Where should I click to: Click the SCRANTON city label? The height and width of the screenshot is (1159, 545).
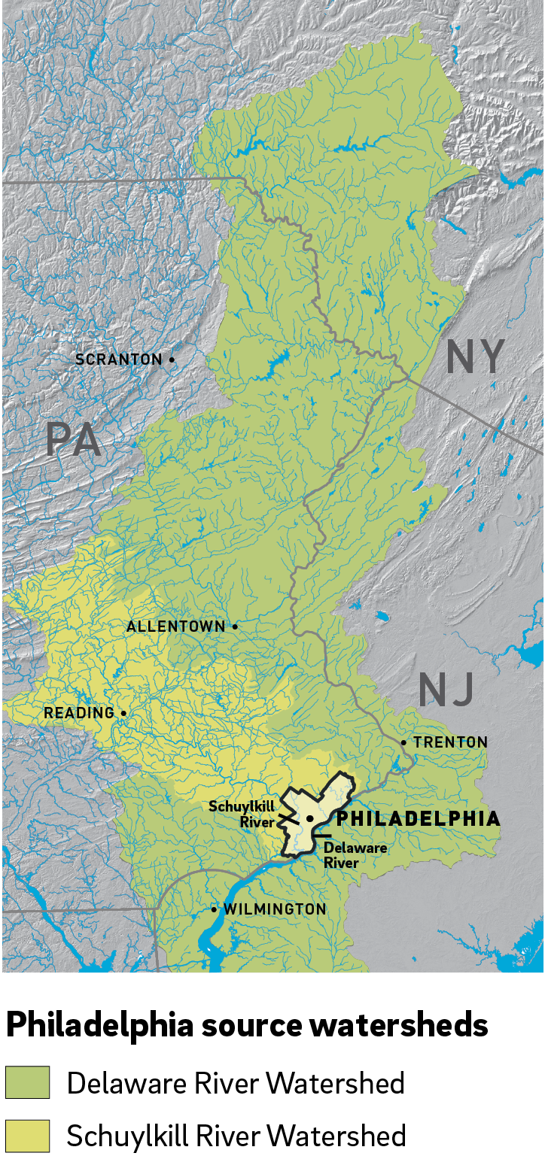119,360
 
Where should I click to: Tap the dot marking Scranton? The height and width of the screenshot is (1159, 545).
172,360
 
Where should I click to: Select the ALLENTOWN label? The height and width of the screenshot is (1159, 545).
175,627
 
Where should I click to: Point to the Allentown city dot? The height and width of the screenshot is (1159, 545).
235,626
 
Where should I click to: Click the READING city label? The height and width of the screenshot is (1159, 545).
79,713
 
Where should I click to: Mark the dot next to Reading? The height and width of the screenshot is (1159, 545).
123,713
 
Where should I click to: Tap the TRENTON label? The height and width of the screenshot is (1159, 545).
450,742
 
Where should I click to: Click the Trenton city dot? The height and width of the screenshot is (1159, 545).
403,742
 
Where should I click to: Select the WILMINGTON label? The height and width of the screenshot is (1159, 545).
275,909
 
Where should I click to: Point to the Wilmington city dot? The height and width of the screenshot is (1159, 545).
214,909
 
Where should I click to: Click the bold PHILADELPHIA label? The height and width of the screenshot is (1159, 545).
418,818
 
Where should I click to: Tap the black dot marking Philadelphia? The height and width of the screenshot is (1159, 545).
309,818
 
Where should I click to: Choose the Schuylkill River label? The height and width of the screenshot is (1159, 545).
242,815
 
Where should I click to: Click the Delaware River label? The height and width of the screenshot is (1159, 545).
355,855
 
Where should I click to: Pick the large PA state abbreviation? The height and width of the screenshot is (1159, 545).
73,440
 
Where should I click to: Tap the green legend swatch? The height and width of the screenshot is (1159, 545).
28,1082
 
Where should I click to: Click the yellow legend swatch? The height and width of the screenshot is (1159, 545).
28,1136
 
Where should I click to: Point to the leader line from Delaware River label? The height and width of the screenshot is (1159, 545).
321,836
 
